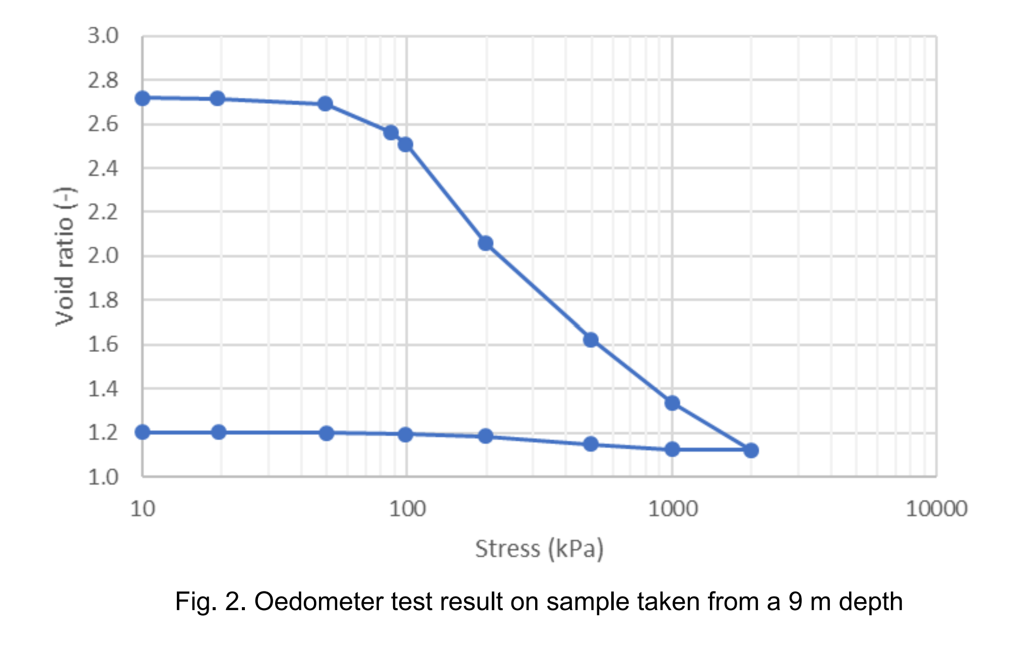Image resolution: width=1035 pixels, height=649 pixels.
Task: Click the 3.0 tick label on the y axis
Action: [103, 36]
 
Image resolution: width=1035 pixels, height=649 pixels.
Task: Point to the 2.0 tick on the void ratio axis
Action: [103, 256]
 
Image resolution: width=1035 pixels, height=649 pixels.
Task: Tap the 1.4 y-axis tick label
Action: [103, 389]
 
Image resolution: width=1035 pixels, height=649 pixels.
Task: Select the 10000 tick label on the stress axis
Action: [936, 509]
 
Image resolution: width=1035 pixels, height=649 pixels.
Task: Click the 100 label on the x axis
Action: [407, 509]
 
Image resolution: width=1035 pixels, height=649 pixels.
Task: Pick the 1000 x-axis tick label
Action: [673, 509]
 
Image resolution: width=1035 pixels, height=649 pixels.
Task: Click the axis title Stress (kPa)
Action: [539, 549]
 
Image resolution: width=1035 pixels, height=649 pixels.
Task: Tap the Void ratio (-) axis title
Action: [65, 256]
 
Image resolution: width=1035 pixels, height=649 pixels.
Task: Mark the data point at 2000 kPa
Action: [751, 450]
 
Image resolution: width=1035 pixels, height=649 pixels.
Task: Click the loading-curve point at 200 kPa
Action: [485, 244]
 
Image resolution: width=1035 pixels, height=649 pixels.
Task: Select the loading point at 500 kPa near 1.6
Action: [591, 340]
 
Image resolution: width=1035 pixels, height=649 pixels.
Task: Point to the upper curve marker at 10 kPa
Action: [143, 98]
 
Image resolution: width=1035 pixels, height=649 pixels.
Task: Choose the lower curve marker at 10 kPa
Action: [143, 432]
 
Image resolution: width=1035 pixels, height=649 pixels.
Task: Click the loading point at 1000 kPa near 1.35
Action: [672, 403]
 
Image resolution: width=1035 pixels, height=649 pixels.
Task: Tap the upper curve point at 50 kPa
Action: [326, 104]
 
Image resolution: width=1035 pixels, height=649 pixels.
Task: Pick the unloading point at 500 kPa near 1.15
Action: [591, 444]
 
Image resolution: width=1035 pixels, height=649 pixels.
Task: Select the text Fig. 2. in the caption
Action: [210, 602]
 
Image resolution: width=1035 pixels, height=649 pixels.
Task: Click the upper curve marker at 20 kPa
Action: [217, 99]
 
